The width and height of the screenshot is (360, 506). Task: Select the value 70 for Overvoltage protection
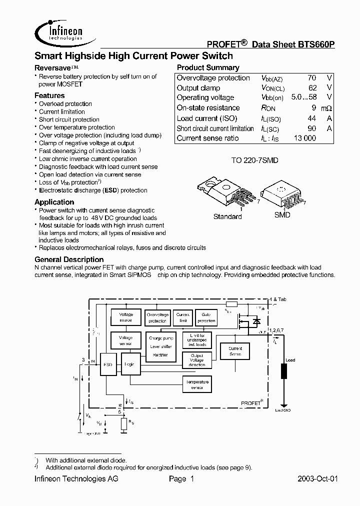tap(311, 78)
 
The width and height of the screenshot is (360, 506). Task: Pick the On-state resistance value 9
tap(313, 108)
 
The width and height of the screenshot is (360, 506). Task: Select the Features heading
tap(49, 95)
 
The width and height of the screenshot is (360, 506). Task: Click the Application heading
tap(54, 202)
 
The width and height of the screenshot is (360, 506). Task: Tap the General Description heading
tap(69, 259)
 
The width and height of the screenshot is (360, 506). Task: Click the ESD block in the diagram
tap(107, 365)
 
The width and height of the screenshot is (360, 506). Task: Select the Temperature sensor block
tap(197, 384)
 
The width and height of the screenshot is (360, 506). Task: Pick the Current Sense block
tap(235, 351)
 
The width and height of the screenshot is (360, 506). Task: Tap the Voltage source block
tap(126, 317)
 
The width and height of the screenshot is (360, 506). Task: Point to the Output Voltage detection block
tap(197, 360)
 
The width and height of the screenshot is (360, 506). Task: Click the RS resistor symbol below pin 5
tap(124, 424)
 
